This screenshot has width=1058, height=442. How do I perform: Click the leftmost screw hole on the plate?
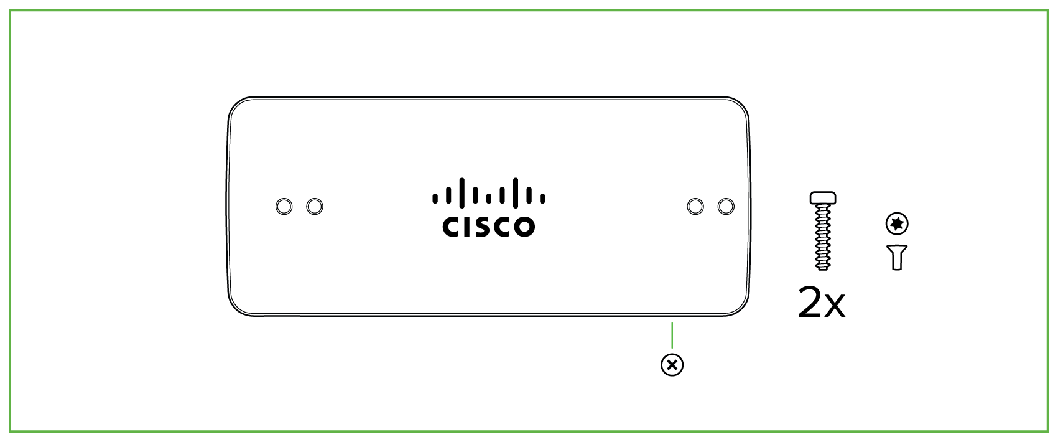[x=284, y=206]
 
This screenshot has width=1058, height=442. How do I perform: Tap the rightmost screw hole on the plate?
[x=726, y=206]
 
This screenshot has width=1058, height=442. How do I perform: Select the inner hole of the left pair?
[x=315, y=206]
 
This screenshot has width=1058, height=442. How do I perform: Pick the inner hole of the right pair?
[x=695, y=206]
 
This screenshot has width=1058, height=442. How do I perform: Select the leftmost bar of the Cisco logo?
[x=435, y=199]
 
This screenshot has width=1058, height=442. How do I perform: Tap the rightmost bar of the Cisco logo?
[x=542, y=199]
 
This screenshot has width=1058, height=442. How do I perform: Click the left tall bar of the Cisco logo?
[x=462, y=192]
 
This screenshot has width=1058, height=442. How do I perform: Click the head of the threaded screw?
[x=823, y=198]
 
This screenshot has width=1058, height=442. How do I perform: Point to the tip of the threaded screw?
[x=823, y=268]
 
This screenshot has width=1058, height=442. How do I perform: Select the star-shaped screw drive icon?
[x=897, y=223]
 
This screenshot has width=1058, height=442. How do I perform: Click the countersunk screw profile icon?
[x=897, y=256]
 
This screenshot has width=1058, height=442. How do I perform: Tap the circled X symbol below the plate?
[x=672, y=365]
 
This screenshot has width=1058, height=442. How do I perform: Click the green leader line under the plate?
[x=672, y=335]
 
